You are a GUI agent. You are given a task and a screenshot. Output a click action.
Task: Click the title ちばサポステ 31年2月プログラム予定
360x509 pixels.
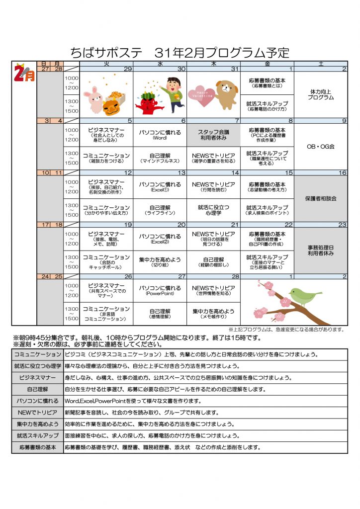pyautogui.click(x=180, y=53)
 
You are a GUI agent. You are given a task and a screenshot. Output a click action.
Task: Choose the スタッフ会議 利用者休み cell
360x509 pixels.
pyautogui.click(x=214, y=135)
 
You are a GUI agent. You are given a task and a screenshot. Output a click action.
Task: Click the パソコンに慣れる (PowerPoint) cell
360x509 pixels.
pyautogui.click(x=160, y=290)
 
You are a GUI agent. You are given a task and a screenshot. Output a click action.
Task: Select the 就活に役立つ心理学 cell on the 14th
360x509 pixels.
pyautogui.click(x=214, y=210)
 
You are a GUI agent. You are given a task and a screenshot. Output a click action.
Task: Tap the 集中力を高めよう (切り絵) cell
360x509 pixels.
pyautogui.click(x=160, y=262)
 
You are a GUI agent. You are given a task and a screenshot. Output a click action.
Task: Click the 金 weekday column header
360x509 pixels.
pyautogui.click(x=268, y=64)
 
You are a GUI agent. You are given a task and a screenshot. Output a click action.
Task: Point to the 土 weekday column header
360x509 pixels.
pyautogui.click(x=321, y=64)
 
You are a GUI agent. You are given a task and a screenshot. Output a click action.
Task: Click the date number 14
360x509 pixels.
pyautogui.click(x=236, y=172)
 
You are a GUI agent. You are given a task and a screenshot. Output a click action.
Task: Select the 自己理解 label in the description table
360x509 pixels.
pyautogui.click(x=37, y=389)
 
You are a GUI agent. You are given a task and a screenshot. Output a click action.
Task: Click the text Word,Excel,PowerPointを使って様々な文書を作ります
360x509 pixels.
pyautogui.click(x=133, y=401)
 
